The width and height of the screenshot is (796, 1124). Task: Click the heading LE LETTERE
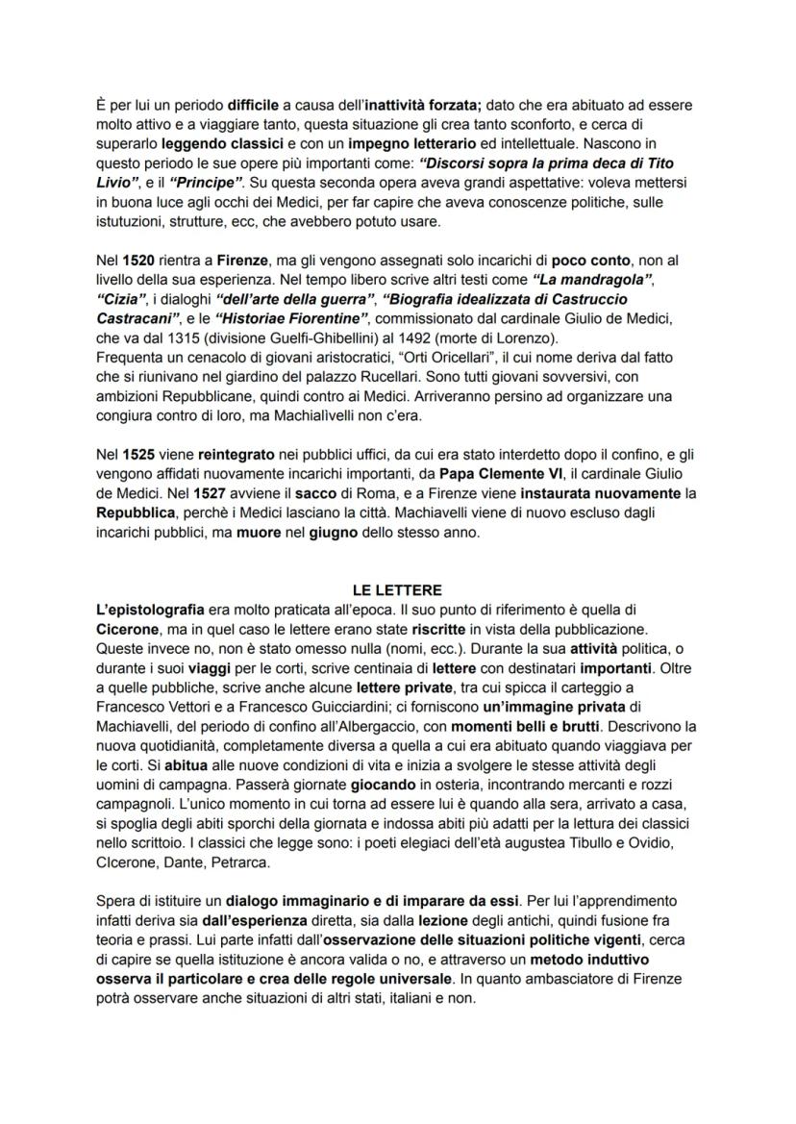coord(396,589)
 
